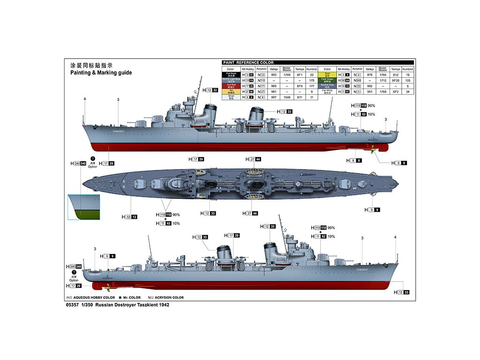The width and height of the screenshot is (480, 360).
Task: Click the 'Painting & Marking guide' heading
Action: (101, 73)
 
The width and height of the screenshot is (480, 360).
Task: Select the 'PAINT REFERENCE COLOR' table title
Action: (248, 62)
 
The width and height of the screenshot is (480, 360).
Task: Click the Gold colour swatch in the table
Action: (327, 75)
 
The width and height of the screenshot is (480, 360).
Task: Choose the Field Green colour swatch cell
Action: (327, 80)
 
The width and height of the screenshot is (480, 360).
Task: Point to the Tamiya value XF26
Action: (395, 80)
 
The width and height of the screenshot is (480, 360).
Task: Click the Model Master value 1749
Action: (287, 75)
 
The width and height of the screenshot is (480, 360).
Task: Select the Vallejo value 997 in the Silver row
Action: (274, 97)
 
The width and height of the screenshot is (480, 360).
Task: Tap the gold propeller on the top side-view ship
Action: (372, 150)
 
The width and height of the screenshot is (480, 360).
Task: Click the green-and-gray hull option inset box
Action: (84, 207)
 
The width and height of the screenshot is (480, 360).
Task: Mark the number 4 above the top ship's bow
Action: (85, 99)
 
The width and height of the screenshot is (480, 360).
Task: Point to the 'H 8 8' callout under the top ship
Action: (354, 161)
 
